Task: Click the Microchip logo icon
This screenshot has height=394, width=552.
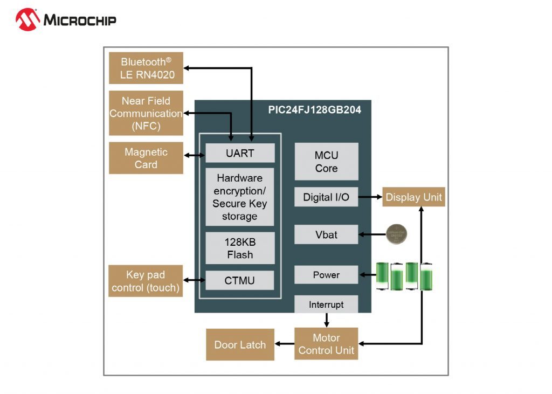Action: point(28,19)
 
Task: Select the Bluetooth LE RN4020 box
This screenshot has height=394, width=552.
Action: point(146,68)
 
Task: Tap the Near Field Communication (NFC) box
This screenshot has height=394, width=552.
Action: point(146,113)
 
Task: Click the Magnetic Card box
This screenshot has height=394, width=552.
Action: point(146,158)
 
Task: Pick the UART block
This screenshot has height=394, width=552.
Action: point(240,153)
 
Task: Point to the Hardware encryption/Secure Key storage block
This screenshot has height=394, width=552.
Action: point(240,197)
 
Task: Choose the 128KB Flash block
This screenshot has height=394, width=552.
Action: point(240,248)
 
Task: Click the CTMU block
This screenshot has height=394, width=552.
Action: point(240,280)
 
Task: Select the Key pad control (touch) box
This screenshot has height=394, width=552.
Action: point(146,281)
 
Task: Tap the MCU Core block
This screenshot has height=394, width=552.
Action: point(326,162)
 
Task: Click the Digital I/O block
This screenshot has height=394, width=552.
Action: point(326,197)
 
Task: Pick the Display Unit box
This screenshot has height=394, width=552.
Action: point(413,197)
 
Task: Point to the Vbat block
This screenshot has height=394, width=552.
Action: point(326,234)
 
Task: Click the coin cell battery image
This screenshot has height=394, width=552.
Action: point(397,234)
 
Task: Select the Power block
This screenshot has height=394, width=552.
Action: point(326,275)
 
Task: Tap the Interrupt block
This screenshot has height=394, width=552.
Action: point(326,305)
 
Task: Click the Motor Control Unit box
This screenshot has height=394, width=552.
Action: point(326,344)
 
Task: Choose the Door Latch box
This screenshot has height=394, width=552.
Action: point(240,344)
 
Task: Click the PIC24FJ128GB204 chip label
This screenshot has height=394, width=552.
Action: point(314,110)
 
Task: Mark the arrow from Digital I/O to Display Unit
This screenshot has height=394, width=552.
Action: point(370,197)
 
